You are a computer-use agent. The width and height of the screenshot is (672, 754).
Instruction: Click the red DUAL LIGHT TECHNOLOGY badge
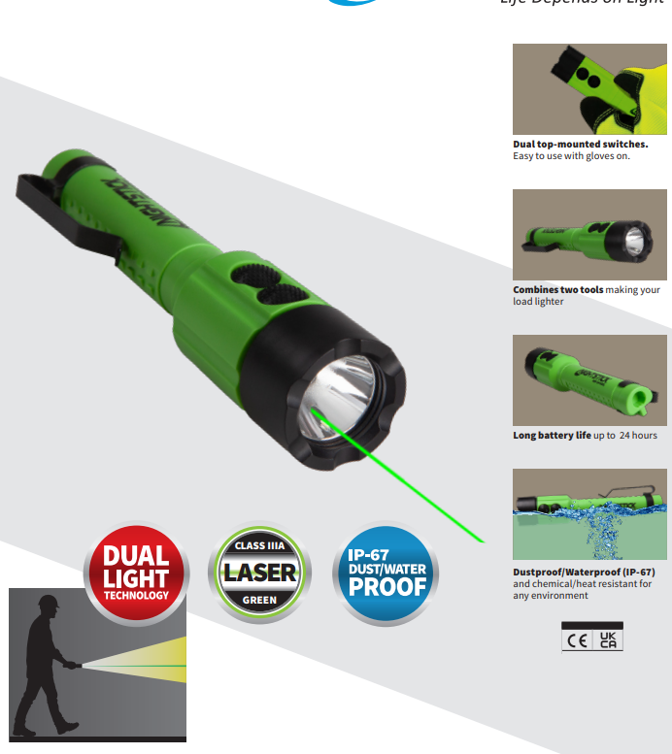click(x=136, y=574)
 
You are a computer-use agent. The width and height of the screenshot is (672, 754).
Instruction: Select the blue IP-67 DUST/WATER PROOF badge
click(x=386, y=574)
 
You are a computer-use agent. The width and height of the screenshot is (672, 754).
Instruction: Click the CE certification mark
click(x=577, y=639)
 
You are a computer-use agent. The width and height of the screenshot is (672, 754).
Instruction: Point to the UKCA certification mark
click(x=608, y=639)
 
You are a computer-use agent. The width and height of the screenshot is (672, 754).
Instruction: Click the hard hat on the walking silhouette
click(x=48, y=602)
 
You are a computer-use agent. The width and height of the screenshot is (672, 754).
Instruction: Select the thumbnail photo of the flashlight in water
click(x=589, y=514)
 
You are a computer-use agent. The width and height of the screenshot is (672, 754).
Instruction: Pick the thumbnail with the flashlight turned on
click(x=589, y=235)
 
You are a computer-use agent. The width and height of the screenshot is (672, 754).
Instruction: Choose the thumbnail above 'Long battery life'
click(x=589, y=379)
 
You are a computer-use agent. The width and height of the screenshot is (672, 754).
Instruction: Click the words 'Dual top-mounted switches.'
click(x=580, y=145)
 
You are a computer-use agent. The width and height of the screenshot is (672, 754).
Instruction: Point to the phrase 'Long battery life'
click(x=552, y=436)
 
